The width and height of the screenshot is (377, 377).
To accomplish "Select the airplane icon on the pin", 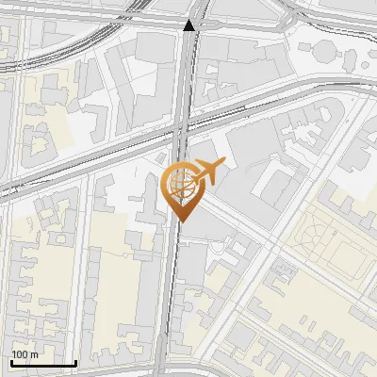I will [x=208, y=172].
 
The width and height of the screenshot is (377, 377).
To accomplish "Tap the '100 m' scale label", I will [x=25, y=354].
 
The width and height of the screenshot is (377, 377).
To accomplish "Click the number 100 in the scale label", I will [x=20, y=354].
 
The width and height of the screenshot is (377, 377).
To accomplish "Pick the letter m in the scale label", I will [x=34, y=354].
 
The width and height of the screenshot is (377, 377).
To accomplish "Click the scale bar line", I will [x=43, y=363].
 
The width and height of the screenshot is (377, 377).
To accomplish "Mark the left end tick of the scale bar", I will [x=11, y=361].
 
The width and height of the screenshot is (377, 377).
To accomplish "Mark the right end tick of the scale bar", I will [x=75, y=361].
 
